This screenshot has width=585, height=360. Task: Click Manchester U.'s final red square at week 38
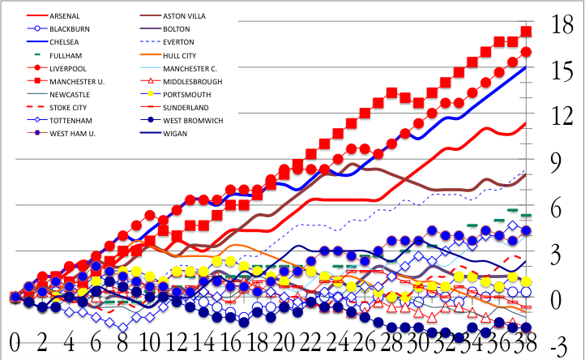(526, 32)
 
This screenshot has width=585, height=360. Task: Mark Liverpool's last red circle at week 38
(526, 52)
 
